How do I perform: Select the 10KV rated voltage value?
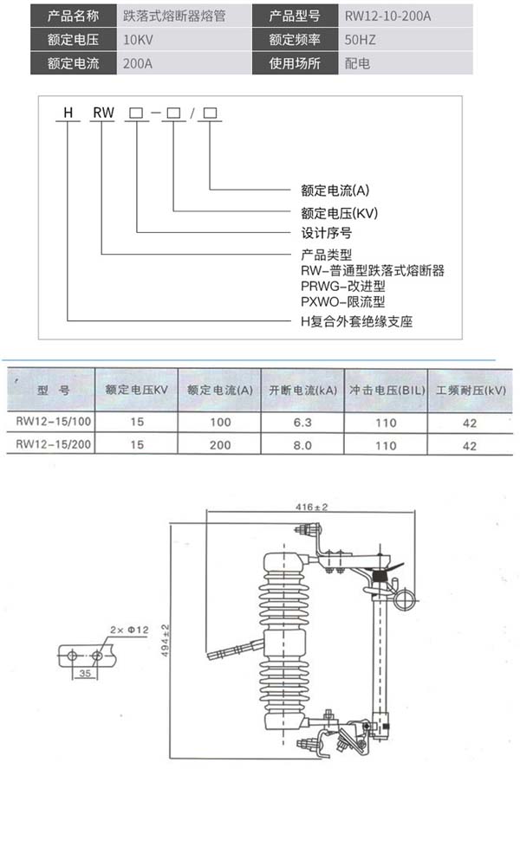click(x=142, y=40)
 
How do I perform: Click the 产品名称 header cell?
click(x=75, y=16)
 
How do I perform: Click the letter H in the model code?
click(x=64, y=113)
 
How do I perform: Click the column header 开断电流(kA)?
click(x=302, y=391)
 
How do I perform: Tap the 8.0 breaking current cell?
click(x=302, y=445)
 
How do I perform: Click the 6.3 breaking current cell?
click(x=302, y=423)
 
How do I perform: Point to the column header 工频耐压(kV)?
click(x=471, y=391)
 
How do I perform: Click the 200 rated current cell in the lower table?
click(x=220, y=445)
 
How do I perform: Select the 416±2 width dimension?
click(x=310, y=506)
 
